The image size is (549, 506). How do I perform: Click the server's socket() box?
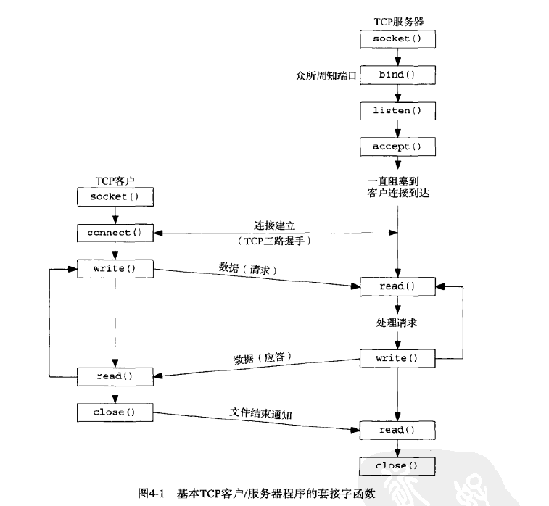pos(397,37)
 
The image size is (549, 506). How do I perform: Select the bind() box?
pos(397,75)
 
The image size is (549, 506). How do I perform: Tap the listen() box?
pos(397,111)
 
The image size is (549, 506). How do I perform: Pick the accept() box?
pos(397,147)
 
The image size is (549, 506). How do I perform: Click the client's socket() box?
pos(115,196)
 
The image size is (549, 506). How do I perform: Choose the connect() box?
pos(115,233)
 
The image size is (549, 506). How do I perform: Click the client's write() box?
pos(115,269)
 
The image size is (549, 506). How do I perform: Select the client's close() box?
pos(115,412)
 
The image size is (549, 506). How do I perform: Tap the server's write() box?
pos(397,358)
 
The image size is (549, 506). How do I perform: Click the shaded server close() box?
pos(397,465)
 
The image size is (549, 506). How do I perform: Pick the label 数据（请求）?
pos(249,267)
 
